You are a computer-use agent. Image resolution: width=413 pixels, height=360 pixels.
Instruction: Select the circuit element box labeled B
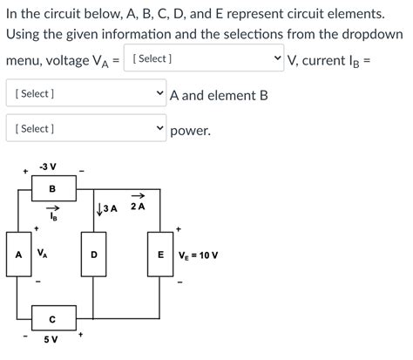coord(51,188)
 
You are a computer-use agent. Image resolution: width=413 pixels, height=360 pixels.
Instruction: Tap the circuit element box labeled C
coord(51,319)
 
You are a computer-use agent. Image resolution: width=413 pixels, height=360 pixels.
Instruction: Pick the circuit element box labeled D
coord(93,255)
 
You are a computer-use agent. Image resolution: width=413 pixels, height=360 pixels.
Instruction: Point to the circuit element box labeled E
coord(160,255)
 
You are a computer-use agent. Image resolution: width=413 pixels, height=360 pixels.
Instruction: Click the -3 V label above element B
coord(48,166)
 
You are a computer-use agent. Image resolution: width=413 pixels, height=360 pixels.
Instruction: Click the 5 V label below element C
coord(51,340)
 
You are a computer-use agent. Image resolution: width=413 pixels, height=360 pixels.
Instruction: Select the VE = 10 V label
coord(198,255)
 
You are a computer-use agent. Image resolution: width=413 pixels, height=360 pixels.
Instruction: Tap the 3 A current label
coord(110,207)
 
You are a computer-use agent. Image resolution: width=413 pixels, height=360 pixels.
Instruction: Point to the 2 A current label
coord(138,207)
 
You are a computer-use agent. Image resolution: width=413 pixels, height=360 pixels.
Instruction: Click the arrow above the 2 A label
coord(138,196)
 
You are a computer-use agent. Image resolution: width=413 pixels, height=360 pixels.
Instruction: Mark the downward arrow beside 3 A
coord(98,207)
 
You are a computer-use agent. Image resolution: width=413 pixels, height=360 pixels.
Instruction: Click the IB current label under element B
coord(51,218)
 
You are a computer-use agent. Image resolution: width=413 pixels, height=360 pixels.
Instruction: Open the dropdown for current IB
coord(85,93)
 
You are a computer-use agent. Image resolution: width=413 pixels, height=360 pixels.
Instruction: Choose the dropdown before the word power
coord(85,129)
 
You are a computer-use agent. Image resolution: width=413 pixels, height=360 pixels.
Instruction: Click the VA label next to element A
coord(42,253)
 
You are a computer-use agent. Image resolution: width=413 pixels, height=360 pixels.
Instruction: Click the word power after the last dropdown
coord(190,131)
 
